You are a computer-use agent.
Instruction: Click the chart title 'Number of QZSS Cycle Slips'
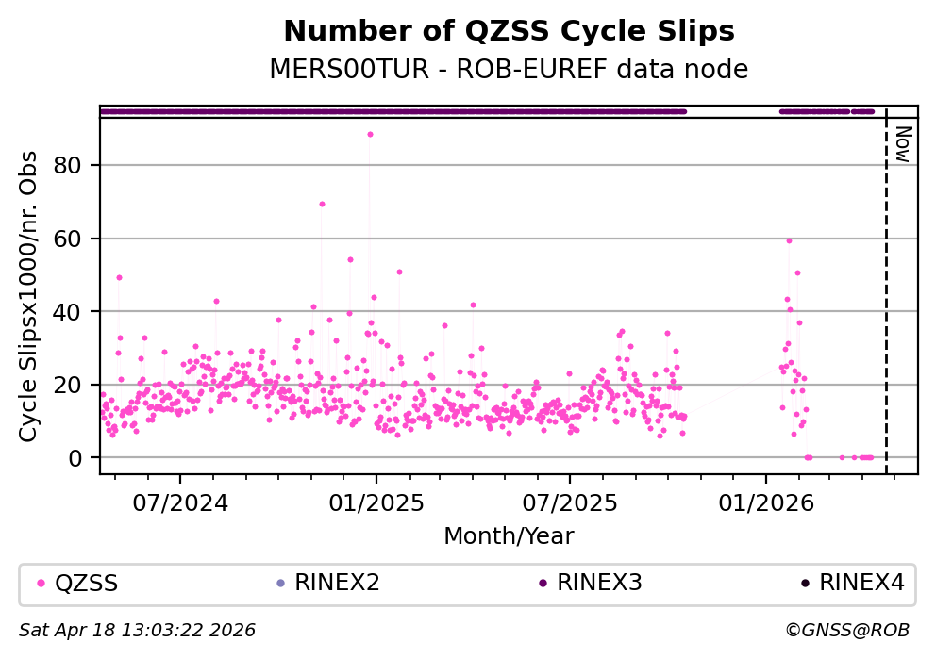pyautogui.click(x=509, y=31)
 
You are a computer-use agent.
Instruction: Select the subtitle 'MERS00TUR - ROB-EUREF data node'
pyautogui.click(x=509, y=69)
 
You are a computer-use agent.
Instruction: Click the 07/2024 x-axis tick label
pyautogui.click(x=179, y=502)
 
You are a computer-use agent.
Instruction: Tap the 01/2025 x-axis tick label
pyautogui.click(x=376, y=502)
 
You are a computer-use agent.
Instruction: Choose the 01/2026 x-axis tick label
pyautogui.click(x=766, y=502)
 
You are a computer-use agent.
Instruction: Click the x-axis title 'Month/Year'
pyautogui.click(x=509, y=536)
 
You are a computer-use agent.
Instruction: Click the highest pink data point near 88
pyautogui.click(x=370, y=134)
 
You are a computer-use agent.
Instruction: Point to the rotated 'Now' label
pyautogui.click(x=902, y=144)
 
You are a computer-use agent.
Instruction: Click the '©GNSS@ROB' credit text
pyautogui.click(x=847, y=630)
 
